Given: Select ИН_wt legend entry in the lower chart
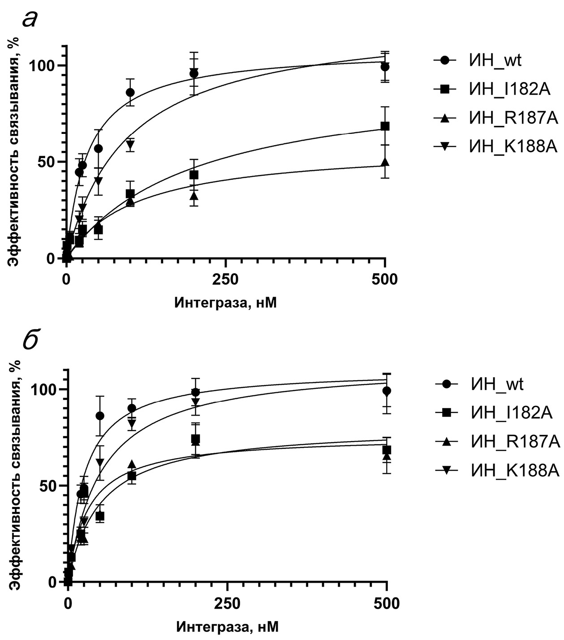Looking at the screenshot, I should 497,384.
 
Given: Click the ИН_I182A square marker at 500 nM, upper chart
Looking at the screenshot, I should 385,126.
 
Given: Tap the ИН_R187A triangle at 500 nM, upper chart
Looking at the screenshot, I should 385,162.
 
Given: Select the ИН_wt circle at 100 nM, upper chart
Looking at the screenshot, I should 130,92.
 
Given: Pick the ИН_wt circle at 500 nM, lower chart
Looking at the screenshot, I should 387,391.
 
